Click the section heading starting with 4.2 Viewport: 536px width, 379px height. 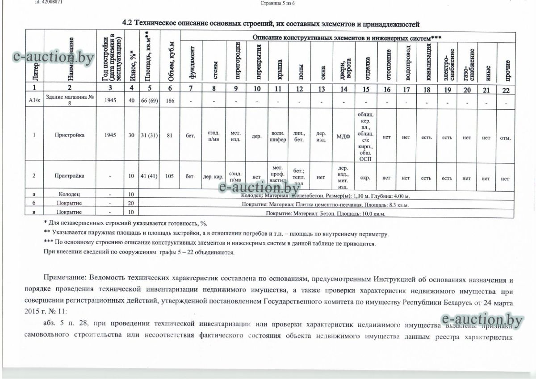point(271,23)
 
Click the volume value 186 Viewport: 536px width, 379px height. point(169,101)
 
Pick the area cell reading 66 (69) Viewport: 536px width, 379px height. point(151,101)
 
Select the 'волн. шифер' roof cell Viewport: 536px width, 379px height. point(278,137)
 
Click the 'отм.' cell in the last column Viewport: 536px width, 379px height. point(505,137)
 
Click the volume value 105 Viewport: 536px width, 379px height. point(169,176)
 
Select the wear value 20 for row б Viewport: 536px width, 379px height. point(131,204)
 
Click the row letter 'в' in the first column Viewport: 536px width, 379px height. point(34,212)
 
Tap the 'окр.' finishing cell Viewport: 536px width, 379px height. point(365,177)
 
